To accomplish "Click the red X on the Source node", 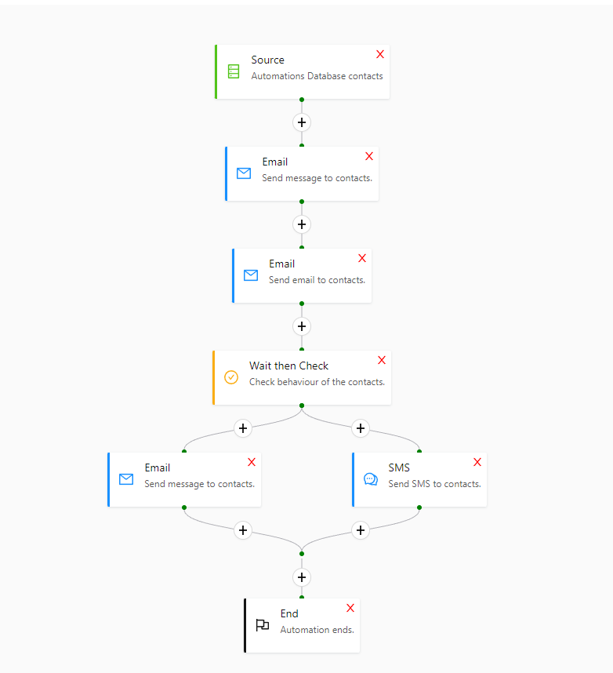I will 380,54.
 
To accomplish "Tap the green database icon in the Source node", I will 234,71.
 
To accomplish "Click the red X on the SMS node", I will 477,462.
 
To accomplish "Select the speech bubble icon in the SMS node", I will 371,479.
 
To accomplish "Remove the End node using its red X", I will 350,608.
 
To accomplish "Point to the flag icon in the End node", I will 263,625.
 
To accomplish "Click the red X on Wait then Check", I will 382,360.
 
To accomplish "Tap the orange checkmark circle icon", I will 231,377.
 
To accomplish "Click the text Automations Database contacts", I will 317,76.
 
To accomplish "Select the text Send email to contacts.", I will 317,280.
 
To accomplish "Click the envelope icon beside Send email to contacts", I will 251,275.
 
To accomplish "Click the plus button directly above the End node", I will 302,577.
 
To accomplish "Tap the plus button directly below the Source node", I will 302,122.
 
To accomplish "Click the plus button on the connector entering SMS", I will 361,428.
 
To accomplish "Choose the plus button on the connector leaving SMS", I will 361,530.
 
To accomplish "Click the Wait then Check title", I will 288,366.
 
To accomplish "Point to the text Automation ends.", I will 317,630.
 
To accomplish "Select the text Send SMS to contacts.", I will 434,484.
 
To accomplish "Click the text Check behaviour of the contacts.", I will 317,382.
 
